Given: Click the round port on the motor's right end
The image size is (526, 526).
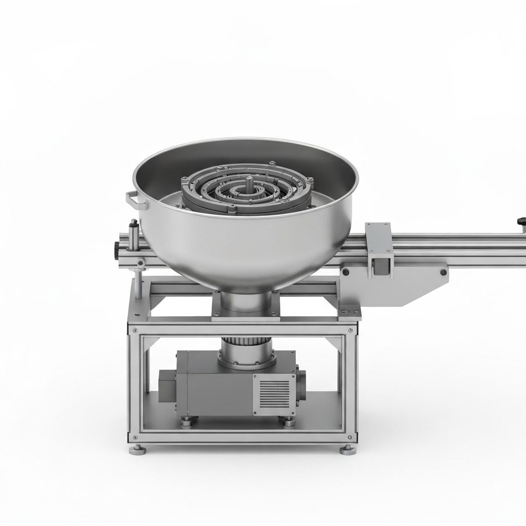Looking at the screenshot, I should click(x=300, y=381).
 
